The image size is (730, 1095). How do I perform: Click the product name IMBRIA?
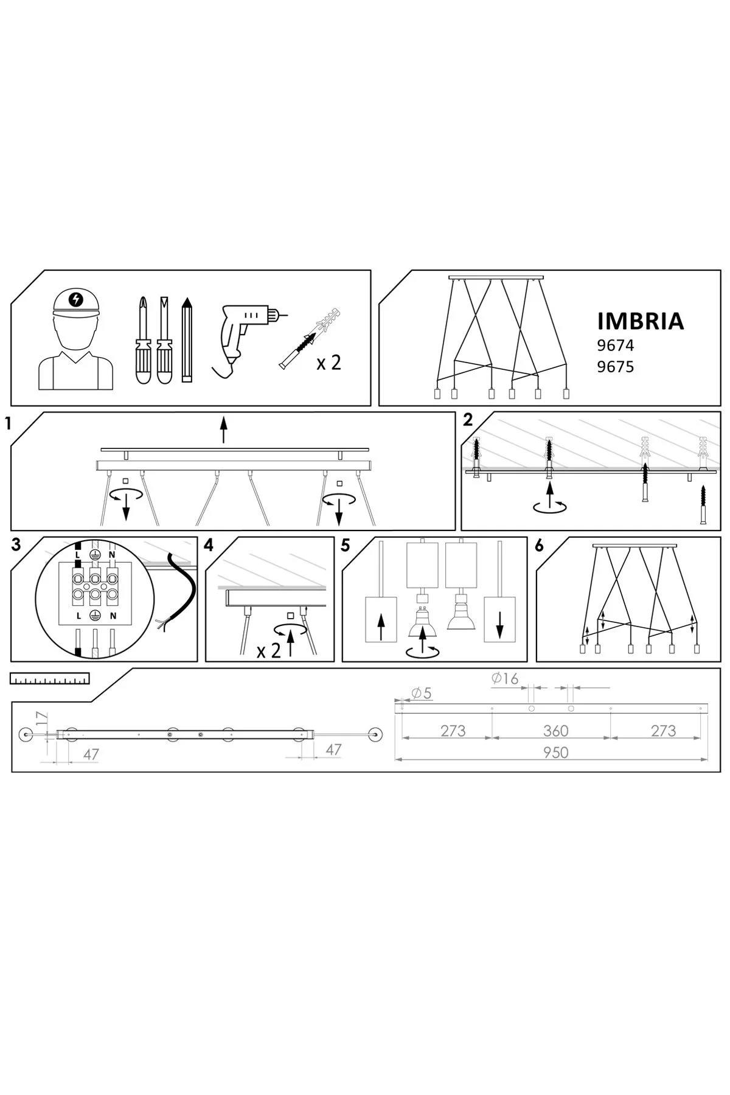(641, 321)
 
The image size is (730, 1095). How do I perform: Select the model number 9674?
(616, 346)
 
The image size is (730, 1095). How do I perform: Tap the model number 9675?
(616, 367)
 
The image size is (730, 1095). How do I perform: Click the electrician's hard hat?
(75, 302)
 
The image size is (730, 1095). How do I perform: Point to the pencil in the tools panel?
(187, 339)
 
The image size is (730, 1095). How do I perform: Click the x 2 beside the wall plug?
(329, 363)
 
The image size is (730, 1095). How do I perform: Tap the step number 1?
(8, 424)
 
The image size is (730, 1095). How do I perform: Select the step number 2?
(467, 420)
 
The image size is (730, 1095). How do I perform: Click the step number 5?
(346, 546)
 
